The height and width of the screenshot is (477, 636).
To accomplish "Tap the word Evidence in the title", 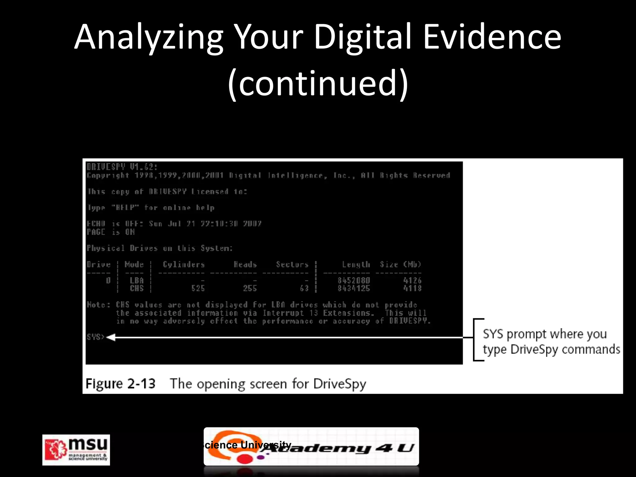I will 492,37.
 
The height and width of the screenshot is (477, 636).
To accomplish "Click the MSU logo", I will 76,450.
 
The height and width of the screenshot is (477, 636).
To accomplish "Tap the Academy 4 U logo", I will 311,447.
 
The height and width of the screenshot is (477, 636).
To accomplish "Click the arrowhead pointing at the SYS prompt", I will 111,337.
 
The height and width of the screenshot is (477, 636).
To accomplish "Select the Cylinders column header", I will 184,265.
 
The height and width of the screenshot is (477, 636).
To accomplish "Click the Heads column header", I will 245,265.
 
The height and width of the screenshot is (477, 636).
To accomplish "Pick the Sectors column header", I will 292,265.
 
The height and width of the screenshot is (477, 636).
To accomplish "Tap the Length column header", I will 356,265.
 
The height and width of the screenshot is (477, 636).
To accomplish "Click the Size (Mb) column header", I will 401,265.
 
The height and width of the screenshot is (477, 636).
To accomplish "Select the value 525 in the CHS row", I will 198,288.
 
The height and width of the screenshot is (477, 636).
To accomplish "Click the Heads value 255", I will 250,288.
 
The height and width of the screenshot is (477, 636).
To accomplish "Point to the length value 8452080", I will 354,280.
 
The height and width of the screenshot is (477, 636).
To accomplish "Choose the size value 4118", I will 412,288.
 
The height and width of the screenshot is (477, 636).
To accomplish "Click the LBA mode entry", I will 137,280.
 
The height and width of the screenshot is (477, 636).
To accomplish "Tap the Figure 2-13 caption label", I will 120,384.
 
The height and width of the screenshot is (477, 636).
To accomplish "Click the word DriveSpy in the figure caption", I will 339,384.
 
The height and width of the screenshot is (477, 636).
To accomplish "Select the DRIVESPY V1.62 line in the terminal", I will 122,167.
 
